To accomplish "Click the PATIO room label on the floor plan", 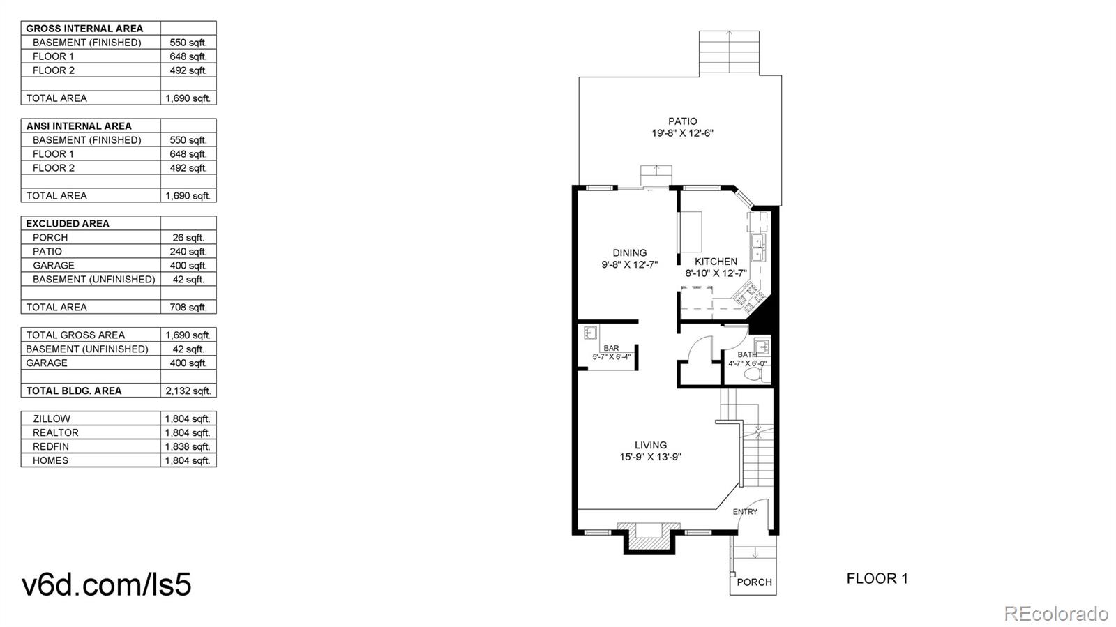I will click(x=682, y=121).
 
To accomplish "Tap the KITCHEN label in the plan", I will click(x=716, y=262).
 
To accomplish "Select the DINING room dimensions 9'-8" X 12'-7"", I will click(x=629, y=265).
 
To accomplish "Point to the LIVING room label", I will click(x=650, y=445).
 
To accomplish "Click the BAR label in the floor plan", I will click(x=611, y=348).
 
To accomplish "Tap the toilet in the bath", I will click(x=753, y=375).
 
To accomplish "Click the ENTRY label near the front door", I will click(x=745, y=512).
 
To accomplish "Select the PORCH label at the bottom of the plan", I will click(x=754, y=582).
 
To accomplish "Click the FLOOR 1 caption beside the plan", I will click(x=877, y=578).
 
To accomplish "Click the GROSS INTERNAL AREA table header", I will click(x=84, y=29).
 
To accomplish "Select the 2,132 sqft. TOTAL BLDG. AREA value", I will click(x=188, y=391).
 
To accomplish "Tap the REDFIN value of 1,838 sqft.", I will click(x=188, y=447).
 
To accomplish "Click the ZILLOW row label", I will click(x=52, y=419).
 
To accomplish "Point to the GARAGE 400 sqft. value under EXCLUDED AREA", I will click(x=188, y=266).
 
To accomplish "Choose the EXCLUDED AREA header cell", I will click(x=68, y=224).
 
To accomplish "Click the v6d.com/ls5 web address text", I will click(x=107, y=584).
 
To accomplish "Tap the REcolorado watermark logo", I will click(x=1055, y=613).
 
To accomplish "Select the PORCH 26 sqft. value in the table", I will click(x=188, y=238).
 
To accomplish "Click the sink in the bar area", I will click(x=590, y=333).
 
